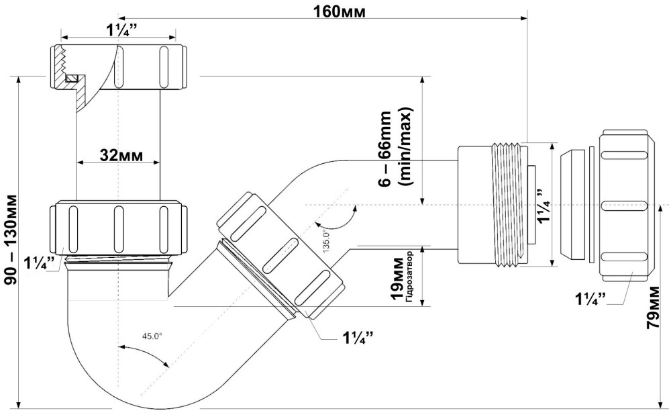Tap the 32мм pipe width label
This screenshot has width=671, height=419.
pos(120,154)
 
